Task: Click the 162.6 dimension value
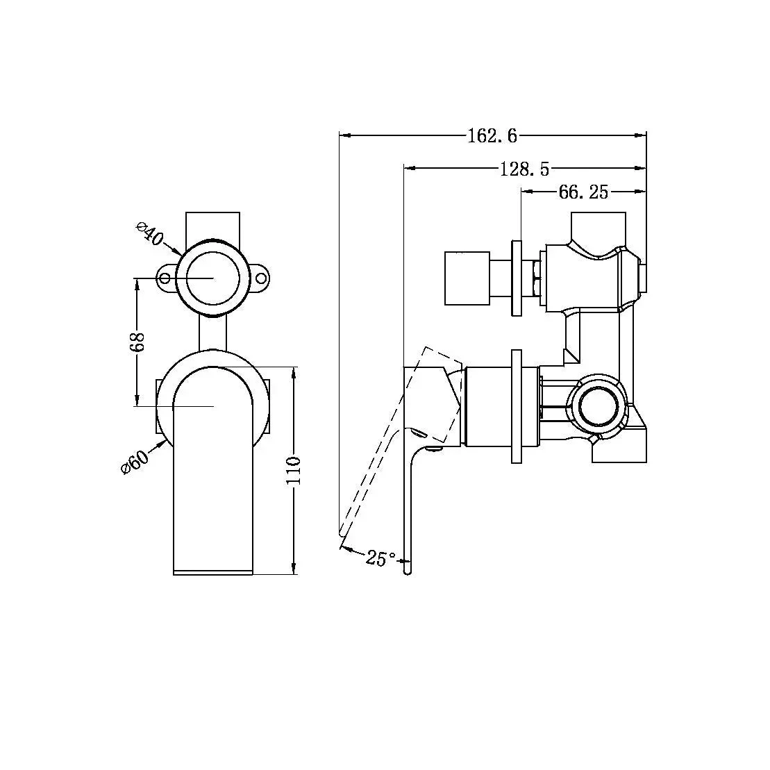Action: pos(492,135)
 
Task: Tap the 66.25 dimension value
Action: pos(583,192)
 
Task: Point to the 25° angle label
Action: pos(381,558)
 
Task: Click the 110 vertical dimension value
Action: pos(294,471)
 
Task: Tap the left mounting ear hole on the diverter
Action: pos(165,278)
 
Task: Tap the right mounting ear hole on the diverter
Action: pos(262,278)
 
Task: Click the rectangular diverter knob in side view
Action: pos(467,278)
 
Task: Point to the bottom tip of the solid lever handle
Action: pos(409,571)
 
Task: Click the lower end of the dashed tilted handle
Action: pos(342,532)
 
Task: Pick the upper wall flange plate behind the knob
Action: pos(517,278)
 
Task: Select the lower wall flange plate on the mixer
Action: pos(516,406)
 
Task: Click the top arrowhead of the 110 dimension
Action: pos(294,372)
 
